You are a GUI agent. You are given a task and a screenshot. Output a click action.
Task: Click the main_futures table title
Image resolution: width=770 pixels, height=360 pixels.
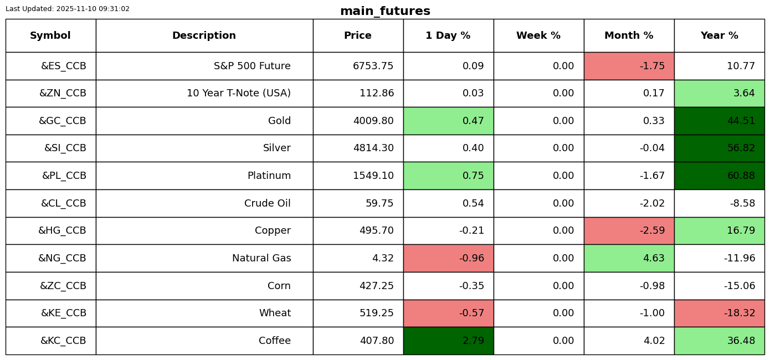[385, 11]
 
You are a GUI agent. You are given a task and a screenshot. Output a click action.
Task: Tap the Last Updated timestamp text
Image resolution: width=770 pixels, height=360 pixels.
[68, 9]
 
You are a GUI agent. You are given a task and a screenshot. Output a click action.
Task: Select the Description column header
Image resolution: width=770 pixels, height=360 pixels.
[204, 35]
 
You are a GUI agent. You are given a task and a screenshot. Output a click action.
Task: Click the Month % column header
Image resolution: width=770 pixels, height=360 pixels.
[629, 35]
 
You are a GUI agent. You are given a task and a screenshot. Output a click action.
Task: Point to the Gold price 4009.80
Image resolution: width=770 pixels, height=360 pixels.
[373, 121]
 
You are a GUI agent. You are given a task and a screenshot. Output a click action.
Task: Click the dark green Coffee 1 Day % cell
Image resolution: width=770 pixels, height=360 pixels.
[449, 341]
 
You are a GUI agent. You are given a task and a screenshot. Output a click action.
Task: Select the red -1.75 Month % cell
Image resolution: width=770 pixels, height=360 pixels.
[629, 66]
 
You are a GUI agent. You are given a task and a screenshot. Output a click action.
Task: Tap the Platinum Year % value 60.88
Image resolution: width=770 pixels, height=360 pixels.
[741, 176]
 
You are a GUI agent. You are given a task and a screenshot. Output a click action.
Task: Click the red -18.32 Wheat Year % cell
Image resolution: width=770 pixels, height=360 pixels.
[720, 313]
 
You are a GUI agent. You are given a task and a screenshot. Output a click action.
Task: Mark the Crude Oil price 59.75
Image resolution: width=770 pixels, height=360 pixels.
[379, 203]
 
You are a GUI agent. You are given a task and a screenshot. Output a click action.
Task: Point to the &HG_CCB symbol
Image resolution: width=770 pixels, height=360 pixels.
[62, 230]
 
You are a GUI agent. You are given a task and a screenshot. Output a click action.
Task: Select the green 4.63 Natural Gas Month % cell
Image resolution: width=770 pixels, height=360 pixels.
[629, 258]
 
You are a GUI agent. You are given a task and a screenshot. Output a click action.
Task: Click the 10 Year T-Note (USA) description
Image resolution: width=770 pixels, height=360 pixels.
[239, 93]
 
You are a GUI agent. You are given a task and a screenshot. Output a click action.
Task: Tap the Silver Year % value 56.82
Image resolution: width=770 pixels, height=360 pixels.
[741, 148]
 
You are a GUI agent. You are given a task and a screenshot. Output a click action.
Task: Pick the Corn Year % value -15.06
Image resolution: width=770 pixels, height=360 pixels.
[740, 286]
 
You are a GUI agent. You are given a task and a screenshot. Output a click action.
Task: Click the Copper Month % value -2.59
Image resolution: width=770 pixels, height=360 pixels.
[652, 230]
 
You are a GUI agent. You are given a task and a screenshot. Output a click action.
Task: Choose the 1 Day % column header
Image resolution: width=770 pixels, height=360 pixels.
[448, 35]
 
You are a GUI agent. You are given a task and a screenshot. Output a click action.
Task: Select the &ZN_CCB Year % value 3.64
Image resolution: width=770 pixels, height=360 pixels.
[744, 93]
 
